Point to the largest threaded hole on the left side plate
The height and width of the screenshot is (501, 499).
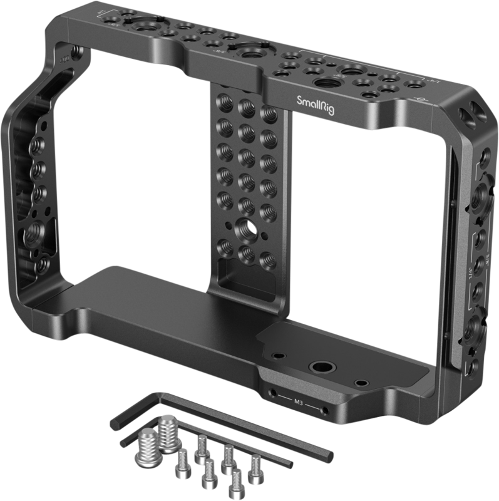[x=31, y=237]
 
